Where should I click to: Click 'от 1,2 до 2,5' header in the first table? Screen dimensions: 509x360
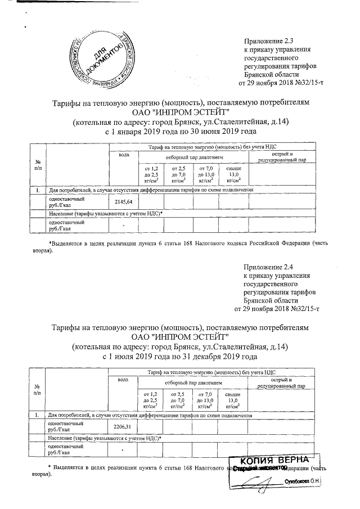coord(151,174)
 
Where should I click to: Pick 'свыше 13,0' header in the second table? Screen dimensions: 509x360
coord(233,400)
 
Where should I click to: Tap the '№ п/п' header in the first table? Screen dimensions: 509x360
coord(38,165)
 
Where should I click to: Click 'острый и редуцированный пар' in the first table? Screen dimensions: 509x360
coord(282,157)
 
